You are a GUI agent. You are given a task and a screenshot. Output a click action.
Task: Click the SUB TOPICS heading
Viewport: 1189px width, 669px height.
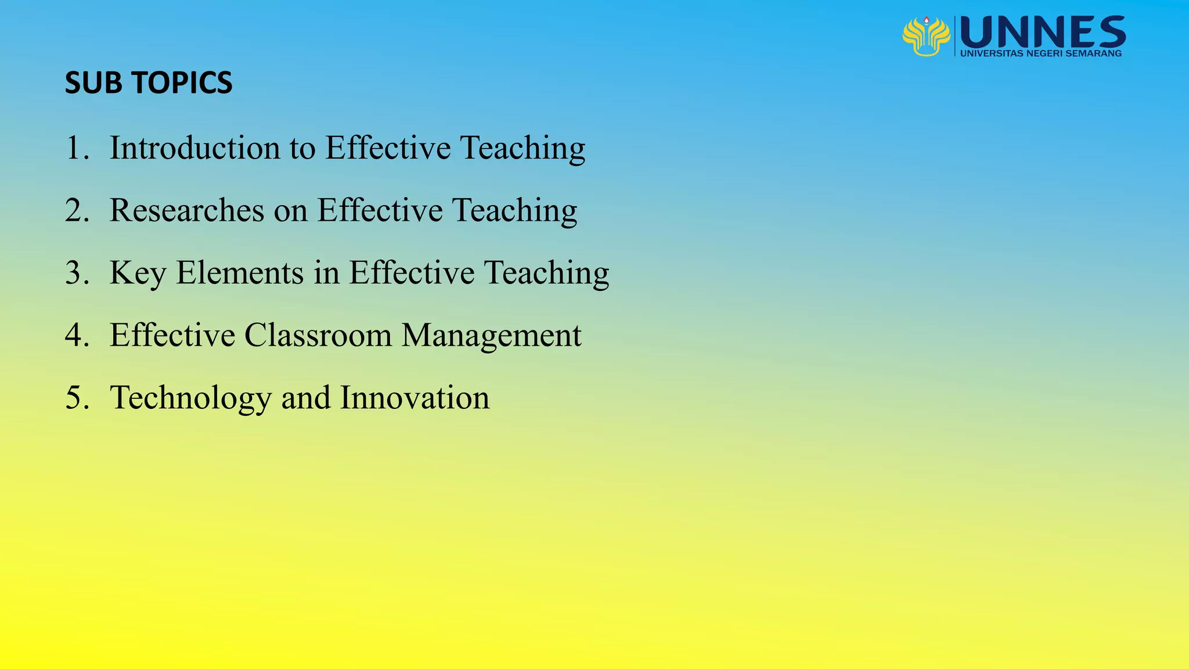tap(149, 82)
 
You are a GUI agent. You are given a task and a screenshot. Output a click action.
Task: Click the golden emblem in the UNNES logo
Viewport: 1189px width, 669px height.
tap(926, 36)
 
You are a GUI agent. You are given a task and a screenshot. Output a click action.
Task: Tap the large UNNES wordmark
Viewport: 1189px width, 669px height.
tap(1043, 33)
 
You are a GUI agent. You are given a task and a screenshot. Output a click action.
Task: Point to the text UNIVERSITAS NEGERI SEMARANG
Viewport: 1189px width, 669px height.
tap(1041, 53)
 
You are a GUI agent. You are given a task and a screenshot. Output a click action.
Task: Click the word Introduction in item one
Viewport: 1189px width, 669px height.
tap(194, 148)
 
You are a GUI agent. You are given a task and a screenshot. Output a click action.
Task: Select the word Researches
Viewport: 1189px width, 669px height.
tap(187, 210)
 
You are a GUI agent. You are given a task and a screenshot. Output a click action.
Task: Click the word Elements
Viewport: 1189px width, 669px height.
tap(240, 272)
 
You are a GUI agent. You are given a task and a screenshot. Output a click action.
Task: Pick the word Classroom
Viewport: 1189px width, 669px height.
tap(318, 335)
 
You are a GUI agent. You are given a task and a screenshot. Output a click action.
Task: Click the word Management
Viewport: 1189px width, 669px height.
tap(491, 336)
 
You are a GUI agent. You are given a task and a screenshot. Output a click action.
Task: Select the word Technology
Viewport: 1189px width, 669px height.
tap(191, 399)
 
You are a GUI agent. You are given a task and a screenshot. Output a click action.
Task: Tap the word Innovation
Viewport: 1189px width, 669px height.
tap(415, 398)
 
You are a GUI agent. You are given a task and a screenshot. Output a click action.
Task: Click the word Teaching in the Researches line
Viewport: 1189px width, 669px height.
tap(514, 211)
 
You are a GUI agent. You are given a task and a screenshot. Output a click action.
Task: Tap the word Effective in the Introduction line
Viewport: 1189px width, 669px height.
tap(388, 148)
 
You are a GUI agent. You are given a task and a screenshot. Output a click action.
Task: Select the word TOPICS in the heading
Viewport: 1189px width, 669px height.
tap(182, 82)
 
